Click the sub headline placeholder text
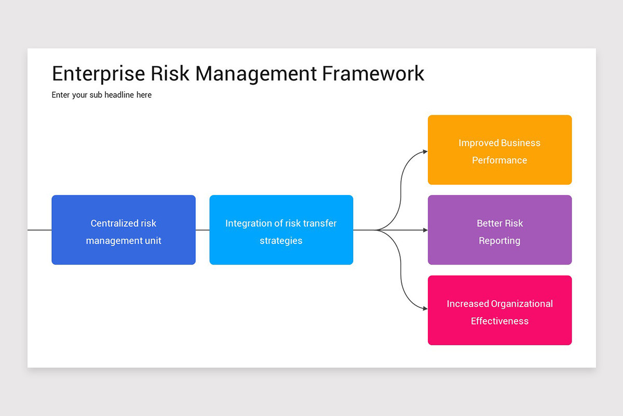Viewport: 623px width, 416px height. click(102, 95)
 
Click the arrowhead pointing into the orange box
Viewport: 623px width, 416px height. click(425, 151)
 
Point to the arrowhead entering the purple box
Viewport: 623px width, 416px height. click(425, 230)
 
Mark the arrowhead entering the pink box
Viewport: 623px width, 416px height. click(425, 308)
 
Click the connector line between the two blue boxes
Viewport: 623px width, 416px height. click(202, 230)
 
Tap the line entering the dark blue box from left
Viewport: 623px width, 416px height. click(39, 230)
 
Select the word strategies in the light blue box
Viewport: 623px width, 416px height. click(281, 241)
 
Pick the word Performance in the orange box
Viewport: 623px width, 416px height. click(499, 160)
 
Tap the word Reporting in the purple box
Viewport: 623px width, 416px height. click(499, 241)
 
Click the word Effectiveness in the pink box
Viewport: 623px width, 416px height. click(499, 321)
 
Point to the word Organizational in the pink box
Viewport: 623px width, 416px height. click(522, 304)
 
